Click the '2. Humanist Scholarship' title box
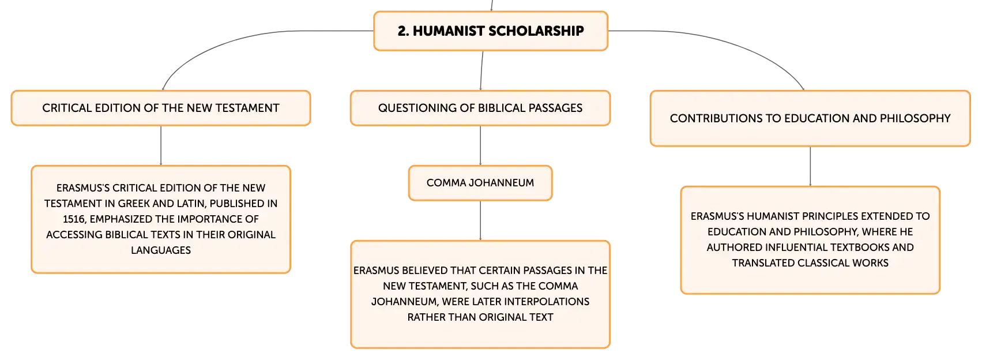[x=491, y=31]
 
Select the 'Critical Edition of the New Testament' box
[x=161, y=108]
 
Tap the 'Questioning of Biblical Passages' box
[x=480, y=108]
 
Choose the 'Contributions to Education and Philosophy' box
[x=810, y=118]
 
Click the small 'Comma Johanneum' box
[x=480, y=183]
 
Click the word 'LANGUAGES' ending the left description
[x=161, y=250]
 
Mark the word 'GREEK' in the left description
[x=134, y=204]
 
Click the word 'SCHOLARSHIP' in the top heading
[x=536, y=31]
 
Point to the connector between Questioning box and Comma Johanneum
[x=480, y=145]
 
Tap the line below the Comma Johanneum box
[x=480, y=220]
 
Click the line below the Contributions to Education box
[x=810, y=166]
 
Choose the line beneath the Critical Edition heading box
[x=161, y=145]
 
